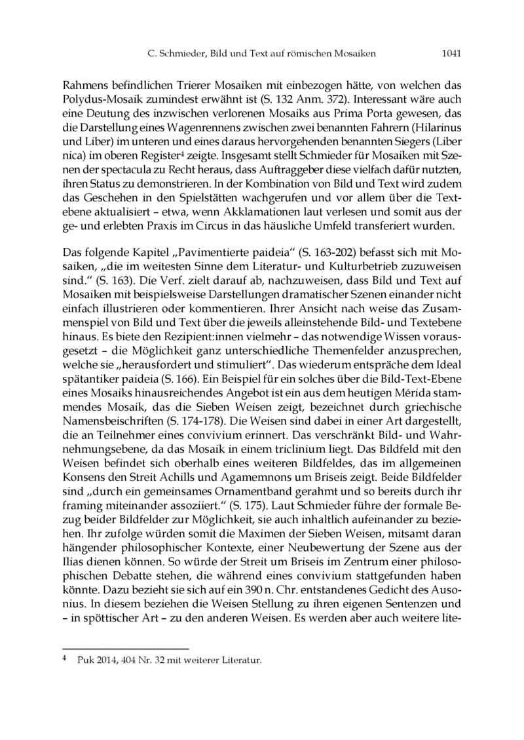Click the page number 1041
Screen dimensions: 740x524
tap(451, 54)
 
